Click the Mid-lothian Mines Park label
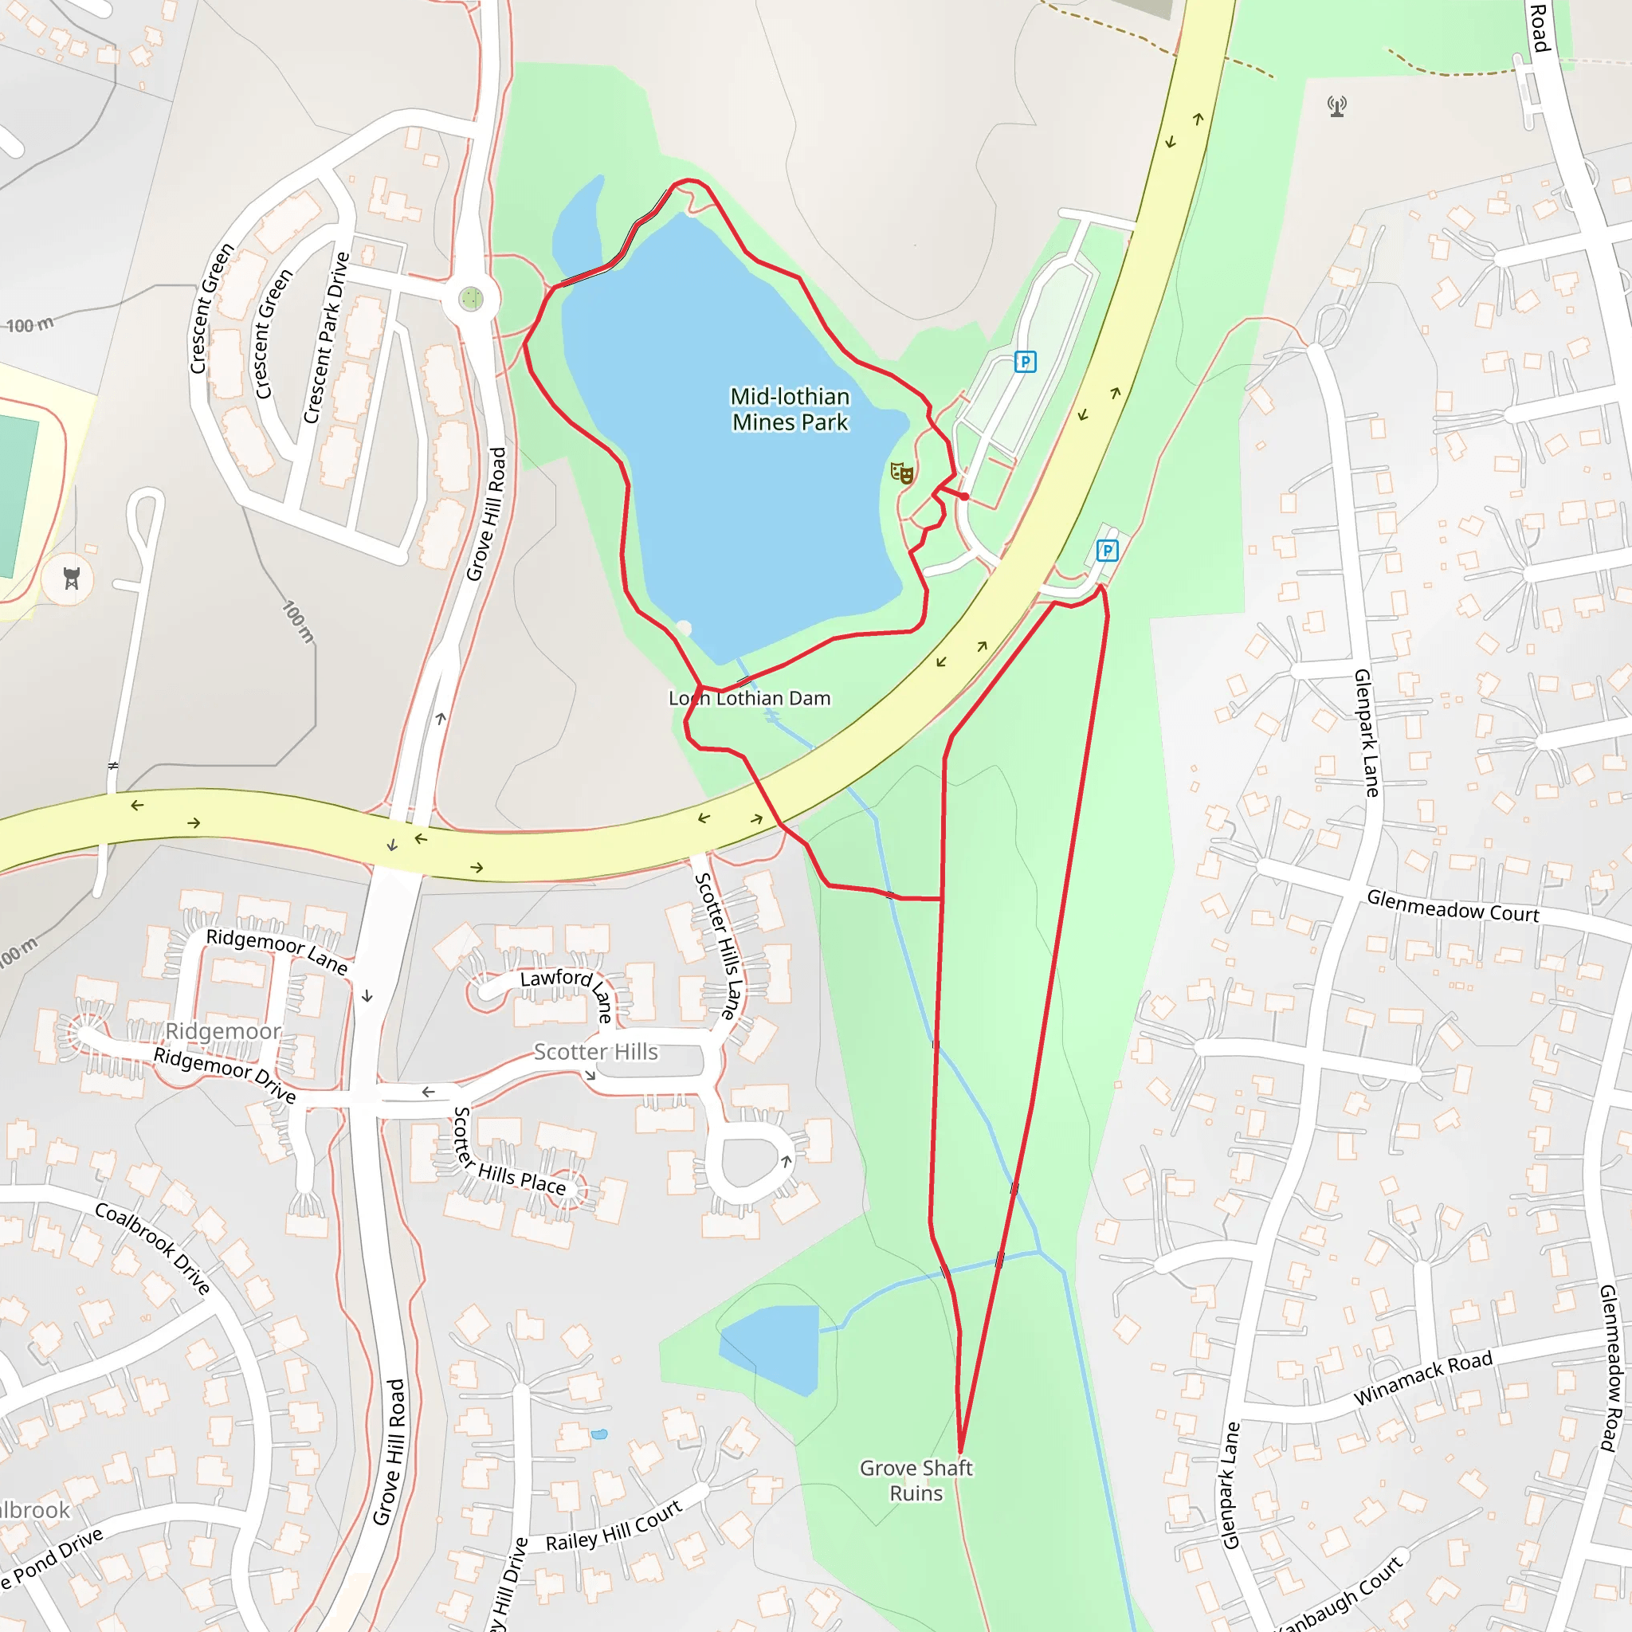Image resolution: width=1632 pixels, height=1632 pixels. [x=790, y=409]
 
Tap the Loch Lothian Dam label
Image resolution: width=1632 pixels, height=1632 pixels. [x=749, y=699]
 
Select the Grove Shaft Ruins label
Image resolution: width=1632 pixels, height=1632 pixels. [x=916, y=1480]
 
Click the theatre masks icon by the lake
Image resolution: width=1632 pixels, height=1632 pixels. [x=902, y=473]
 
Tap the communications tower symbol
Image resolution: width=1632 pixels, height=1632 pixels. [x=1336, y=107]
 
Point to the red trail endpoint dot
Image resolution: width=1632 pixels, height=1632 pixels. [x=964, y=496]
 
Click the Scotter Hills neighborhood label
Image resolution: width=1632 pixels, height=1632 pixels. [x=595, y=1052]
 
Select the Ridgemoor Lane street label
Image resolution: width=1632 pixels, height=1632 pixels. [x=277, y=951]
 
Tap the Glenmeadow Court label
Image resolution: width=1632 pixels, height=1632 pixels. [x=1453, y=906]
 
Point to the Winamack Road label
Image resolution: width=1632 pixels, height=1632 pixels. [x=1423, y=1377]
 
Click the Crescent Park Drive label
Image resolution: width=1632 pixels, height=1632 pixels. [x=327, y=338]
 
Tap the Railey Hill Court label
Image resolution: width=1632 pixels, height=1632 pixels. [x=614, y=1526]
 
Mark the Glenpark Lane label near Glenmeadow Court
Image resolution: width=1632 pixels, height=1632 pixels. [x=1366, y=732]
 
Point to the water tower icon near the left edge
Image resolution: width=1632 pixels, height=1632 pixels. [x=72, y=579]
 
